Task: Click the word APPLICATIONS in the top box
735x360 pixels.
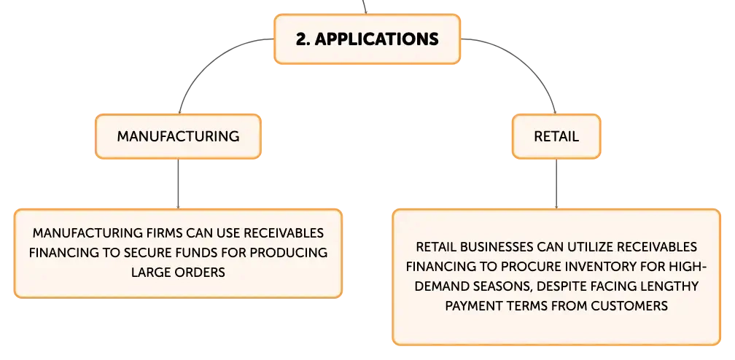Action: [377, 39]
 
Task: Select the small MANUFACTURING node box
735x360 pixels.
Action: [178, 136]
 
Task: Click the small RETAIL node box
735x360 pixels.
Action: [556, 136]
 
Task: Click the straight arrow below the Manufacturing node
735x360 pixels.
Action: [178, 184]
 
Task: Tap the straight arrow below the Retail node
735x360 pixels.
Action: [556, 184]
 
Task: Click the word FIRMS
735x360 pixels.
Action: [163, 233]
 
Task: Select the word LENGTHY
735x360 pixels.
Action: [673, 286]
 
